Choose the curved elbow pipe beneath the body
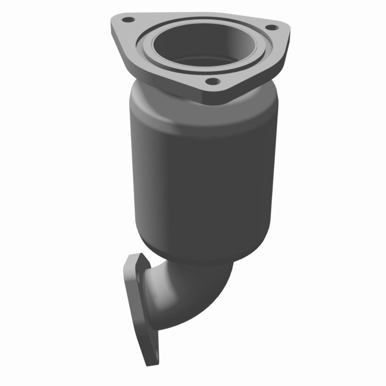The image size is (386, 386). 193,293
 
